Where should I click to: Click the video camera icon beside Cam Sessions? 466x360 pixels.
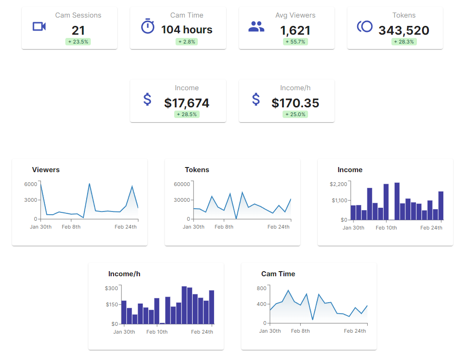coord(39,26)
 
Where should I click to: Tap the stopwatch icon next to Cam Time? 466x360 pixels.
coord(147,26)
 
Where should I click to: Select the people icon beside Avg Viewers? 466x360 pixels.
coord(256,27)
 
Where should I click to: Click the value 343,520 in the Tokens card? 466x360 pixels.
coord(403,31)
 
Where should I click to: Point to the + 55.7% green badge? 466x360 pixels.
coord(296,42)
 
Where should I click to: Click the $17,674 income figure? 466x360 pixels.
coord(187,103)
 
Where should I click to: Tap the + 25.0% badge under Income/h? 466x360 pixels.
coord(296,114)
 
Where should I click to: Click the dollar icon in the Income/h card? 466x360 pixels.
coord(256,99)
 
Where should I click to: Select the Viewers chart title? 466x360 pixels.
coord(46,170)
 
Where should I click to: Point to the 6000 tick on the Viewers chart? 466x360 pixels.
coord(31,184)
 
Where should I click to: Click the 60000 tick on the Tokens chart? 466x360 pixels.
coord(182,184)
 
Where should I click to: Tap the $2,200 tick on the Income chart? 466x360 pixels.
coord(338,184)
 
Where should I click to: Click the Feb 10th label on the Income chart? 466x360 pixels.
coord(386,228)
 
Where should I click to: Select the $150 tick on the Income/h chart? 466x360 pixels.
coord(112,304)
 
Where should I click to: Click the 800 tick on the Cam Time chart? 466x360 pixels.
coord(262,288)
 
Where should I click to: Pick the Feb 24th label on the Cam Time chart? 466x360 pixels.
coord(354,331)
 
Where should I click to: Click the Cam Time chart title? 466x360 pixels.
coord(278,274)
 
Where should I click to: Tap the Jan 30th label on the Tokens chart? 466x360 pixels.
coord(194,227)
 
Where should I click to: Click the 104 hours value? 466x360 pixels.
coord(187,30)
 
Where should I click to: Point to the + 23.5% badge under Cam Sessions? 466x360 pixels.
coord(78,42)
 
